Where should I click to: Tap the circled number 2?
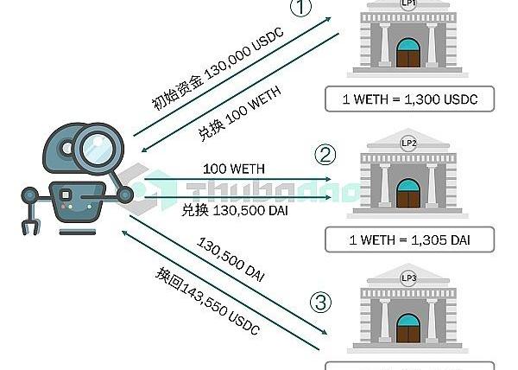tap(324, 155)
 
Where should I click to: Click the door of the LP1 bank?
tap(408, 53)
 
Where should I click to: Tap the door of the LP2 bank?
tap(408, 191)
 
